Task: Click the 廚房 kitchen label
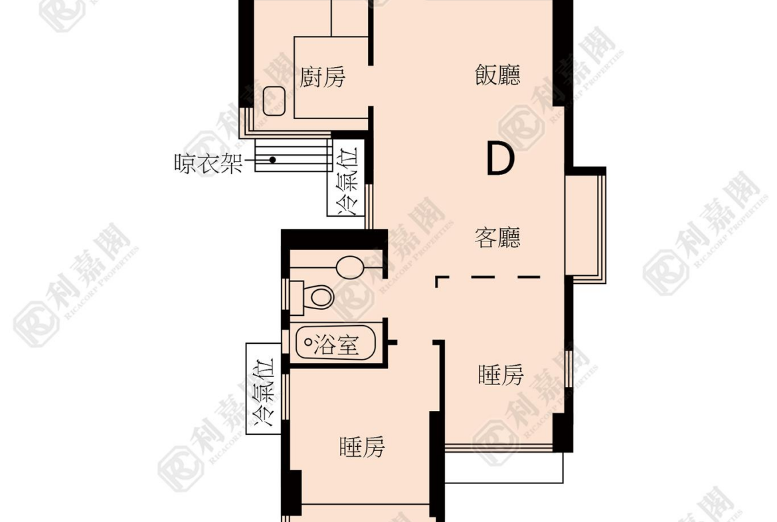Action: point(323,77)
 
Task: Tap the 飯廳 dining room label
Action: point(497,75)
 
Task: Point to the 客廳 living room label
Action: point(497,237)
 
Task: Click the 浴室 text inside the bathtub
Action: point(337,344)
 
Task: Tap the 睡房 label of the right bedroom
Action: point(501,374)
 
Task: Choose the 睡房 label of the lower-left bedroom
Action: point(362,447)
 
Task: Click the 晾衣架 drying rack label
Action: point(208,163)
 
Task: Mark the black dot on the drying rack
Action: point(272,160)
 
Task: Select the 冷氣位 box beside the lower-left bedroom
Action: point(264,388)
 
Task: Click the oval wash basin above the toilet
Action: point(351,267)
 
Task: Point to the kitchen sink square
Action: point(274,100)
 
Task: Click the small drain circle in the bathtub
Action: point(308,342)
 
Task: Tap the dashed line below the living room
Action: point(487,277)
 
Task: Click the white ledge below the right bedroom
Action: point(504,467)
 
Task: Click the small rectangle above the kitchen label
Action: point(349,18)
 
